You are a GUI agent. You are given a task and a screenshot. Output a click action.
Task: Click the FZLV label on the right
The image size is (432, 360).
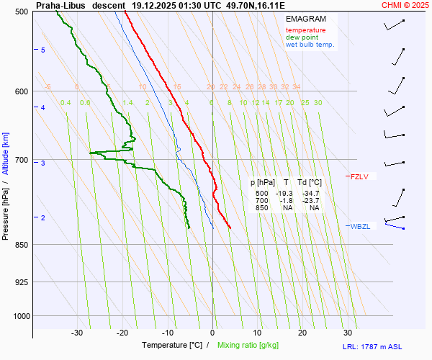click(x=359, y=176)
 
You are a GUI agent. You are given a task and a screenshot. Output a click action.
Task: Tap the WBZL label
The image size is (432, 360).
click(x=360, y=226)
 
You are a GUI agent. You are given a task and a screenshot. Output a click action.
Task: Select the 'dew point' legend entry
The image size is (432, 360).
click(x=302, y=37)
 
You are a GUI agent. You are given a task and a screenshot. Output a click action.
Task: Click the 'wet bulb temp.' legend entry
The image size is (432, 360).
click(x=310, y=45)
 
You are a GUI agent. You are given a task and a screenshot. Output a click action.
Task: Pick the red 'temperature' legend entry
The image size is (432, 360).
click(x=305, y=30)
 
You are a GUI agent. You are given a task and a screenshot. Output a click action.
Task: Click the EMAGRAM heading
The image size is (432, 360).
click(x=305, y=19)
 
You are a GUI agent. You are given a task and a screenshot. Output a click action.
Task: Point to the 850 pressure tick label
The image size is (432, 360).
click(x=22, y=245)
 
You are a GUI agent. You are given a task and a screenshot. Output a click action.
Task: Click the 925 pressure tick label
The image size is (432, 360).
click(x=22, y=282)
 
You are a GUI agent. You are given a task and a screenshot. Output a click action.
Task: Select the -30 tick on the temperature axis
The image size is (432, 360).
click(x=77, y=333)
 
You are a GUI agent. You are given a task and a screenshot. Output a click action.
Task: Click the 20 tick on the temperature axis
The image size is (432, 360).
click(x=302, y=333)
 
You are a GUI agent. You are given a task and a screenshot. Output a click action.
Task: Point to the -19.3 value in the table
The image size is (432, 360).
click(x=286, y=194)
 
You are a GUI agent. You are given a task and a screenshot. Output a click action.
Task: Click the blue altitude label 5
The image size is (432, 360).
click(x=43, y=50)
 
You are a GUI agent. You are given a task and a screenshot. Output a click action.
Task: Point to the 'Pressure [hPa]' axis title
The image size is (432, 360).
click(x=6, y=210)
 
